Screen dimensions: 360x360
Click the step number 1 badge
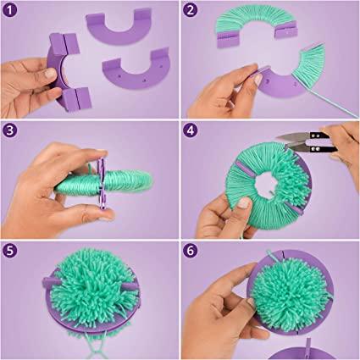10,10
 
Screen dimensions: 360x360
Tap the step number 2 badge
191,10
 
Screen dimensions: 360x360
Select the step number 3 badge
10,130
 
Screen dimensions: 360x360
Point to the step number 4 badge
191,130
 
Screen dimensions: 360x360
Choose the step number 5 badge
10,251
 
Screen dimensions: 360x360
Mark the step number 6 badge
191,251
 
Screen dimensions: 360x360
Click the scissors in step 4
307,142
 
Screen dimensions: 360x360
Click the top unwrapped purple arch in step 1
119,27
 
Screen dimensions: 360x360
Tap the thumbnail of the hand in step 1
51,74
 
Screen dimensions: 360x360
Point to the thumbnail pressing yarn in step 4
244,202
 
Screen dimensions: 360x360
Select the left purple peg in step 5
51,282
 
